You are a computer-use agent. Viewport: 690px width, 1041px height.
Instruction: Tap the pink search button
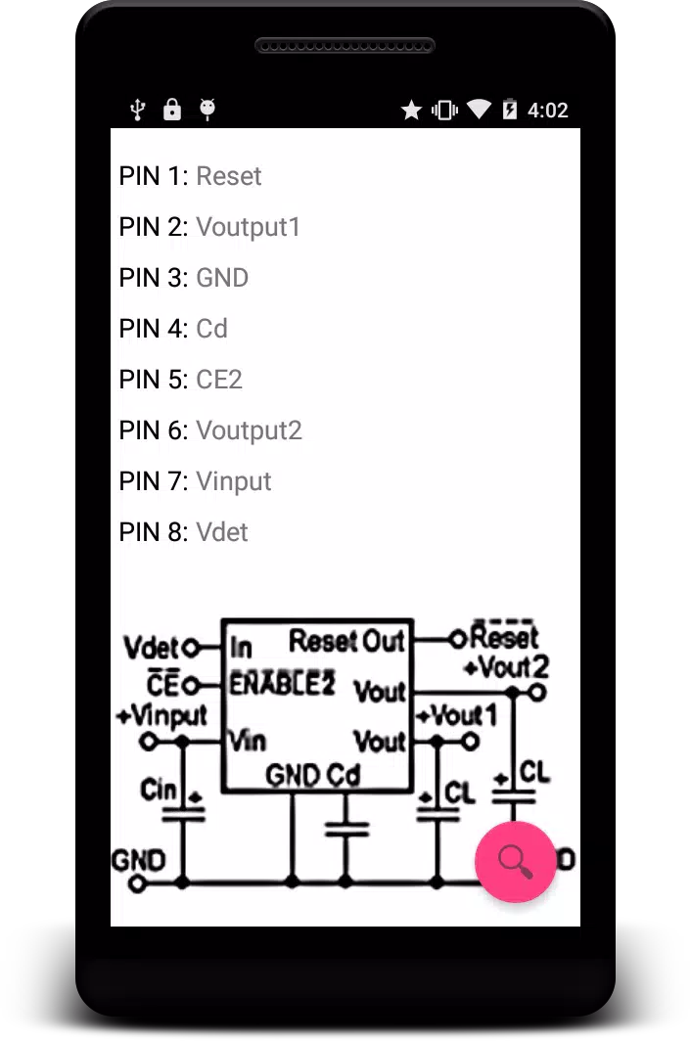pyautogui.click(x=516, y=861)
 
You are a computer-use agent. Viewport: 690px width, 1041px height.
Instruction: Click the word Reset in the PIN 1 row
pyautogui.click(x=229, y=176)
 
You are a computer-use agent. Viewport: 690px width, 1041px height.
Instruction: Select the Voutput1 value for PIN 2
pyautogui.click(x=249, y=227)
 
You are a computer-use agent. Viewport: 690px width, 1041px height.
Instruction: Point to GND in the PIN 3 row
pyautogui.click(x=222, y=278)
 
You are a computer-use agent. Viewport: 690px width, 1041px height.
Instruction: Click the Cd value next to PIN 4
pyautogui.click(x=211, y=329)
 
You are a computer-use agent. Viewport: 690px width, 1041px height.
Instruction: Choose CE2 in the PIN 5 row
pyautogui.click(x=219, y=380)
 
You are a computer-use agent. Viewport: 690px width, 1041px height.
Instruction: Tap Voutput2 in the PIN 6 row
pyautogui.click(x=249, y=430)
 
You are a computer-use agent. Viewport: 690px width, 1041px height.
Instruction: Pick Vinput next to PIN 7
pyautogui.click(x=234, y=481)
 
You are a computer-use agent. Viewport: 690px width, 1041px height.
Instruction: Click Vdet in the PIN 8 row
pyautogui.click(x=222, y=532)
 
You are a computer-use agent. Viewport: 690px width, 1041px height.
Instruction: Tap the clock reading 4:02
pyautogui.click(x=548, y=111)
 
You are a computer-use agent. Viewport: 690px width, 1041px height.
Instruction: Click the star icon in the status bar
pyautogui.click(x=412, y=110)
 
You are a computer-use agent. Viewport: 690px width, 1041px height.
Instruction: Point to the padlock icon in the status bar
pyautogui.click(x=172, y=109)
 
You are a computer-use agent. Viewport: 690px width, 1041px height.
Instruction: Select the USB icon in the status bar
pyautogui.click(x=137, y=110)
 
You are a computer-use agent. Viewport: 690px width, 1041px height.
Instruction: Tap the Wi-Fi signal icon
pyautogui.click(x=479, y=110)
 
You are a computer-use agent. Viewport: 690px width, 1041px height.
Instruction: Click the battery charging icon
pyautogui.click(x=509, y=109)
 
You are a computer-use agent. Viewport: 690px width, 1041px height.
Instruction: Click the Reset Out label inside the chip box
pyautogui.click(x=346, y=641)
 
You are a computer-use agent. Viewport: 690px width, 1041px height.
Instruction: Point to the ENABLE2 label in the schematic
pyautogui.click(x=282, y=683)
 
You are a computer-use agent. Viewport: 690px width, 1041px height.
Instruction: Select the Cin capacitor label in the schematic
pyautogui.click(x=159, y=790)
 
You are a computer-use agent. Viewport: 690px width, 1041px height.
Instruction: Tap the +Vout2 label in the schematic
pyautogui.click(x=507, y=666)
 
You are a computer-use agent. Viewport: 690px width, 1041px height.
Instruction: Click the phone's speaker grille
pyautogui.click(x=345, y=46)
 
